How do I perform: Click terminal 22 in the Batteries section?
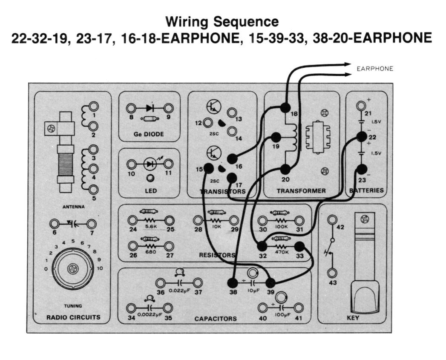pyautogui.click(x=362, y=137)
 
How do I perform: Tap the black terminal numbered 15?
pyautogui.click(x=209, y=168)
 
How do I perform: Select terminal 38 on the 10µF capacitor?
pyautogui.click(x=233, y=283)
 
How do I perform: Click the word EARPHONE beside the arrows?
pyautogui.click(x=375, y=69)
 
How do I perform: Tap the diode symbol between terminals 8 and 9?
pyautogui.click(x=150, y=108)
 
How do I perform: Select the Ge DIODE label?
pyautogui.click(x=148, y=134)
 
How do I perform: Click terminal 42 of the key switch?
pyautogui.click(x=332, y=220)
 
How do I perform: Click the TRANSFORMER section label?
pyautogui.click(x=301, y=190)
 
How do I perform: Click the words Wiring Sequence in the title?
pyautogui.click(x=222, y=21)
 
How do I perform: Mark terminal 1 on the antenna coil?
pyautogui.click(x=93, y=107)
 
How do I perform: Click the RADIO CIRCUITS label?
pyautogui.click(x=73, y=317)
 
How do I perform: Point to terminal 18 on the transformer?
pyautogui.click(x=285, y=108)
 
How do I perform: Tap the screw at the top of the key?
pyautogui.click(x=364, y=219)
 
